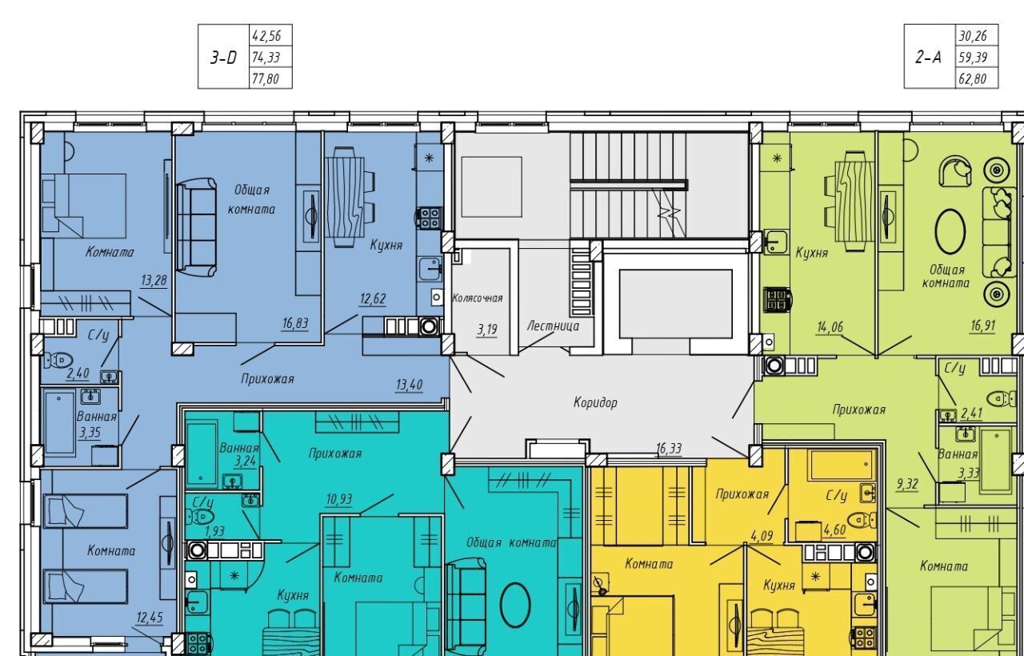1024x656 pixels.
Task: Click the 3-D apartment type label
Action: click(223, 58)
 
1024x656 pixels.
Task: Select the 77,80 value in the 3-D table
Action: click(265, 79)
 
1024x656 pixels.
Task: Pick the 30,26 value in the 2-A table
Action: click(972, 36)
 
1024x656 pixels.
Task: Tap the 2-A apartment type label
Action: click(929, 58)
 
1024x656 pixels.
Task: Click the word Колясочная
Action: click(478, 298)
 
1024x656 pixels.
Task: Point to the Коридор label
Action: click(595, 402)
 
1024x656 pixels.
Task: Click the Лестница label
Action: click(553, 326)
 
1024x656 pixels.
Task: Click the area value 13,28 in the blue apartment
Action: click(154, 280)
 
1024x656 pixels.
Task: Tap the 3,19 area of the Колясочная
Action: click(487, 329)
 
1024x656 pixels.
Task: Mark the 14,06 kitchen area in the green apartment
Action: click(830, 327)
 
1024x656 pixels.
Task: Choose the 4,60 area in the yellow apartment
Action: click(834, 530)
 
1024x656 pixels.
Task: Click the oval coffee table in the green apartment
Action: click(950, 231)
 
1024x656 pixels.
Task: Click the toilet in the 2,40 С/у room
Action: click(58, 360)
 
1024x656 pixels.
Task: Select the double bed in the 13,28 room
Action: click(84, 206)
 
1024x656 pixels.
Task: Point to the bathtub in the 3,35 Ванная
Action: click(59, 422)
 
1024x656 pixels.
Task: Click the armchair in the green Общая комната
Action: click(955, 171)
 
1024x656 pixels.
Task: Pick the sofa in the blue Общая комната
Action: click(196, 228)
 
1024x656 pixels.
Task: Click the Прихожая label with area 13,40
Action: click(267, 378)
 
